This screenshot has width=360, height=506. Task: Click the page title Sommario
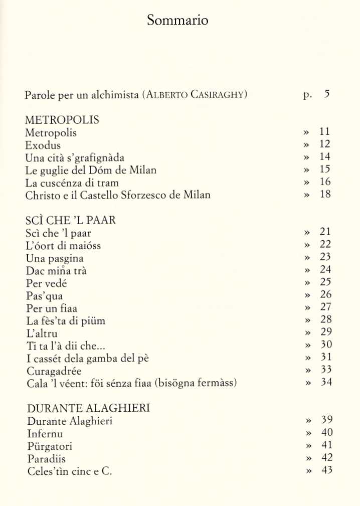click(x=177, y=20)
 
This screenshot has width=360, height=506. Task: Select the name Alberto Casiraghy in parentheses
click(x=195, y=95)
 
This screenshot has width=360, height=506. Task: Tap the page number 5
click(x=327, y=94)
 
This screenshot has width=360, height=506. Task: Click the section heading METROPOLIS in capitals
click(x=62, y=120)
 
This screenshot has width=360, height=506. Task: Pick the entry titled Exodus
click(x=43, y=145)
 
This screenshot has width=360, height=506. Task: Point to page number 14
click(x=325, y=157)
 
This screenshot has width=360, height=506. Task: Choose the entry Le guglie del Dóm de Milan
click(x=91, y=170)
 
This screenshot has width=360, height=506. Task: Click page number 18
click(x=325, y=195)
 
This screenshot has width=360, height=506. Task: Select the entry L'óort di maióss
click(x=63, y=246)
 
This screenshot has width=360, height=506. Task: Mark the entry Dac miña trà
click(x=56, y=271)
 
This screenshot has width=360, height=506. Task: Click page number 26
click(x=325, y=294)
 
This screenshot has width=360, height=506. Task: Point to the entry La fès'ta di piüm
click(x=66, y=321)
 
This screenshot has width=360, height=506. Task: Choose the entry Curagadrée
click(x=53, y=371)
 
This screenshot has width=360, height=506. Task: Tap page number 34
click(x=325, y=383)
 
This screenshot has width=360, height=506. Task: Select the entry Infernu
click(x=45, y=434)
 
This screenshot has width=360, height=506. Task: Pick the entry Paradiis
click(x=47, y=459)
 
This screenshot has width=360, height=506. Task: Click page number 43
click(x=326, y=470)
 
